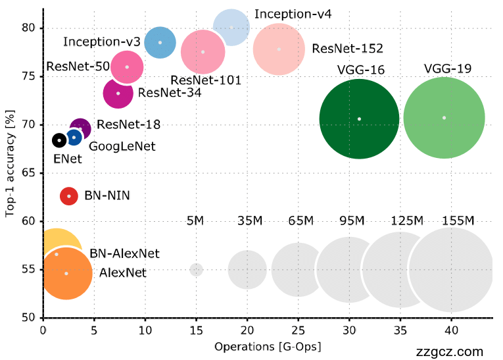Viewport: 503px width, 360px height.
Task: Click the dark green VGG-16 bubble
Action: (359, 118)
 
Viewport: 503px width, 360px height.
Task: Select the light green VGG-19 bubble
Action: (444, 118)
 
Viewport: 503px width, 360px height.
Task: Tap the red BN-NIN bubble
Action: (69, 196)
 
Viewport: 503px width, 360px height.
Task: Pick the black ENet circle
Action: (59, 140)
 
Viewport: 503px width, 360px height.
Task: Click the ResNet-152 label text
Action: (347, 49)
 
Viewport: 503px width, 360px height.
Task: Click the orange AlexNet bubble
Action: (66, 273)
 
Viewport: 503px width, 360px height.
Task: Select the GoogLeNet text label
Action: (122, 147)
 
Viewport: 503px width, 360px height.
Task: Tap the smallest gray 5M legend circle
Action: (196, 270)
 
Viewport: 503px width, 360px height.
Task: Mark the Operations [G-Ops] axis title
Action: (268, 346)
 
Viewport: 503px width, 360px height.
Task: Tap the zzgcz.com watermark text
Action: (450, 352)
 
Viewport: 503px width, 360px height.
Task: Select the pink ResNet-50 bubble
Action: (127, 66)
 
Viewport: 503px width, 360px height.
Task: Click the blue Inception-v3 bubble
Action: (160, 42)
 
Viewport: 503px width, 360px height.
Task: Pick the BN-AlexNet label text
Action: (124, 253)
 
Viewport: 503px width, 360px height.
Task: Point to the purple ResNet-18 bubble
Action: (80, 128)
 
